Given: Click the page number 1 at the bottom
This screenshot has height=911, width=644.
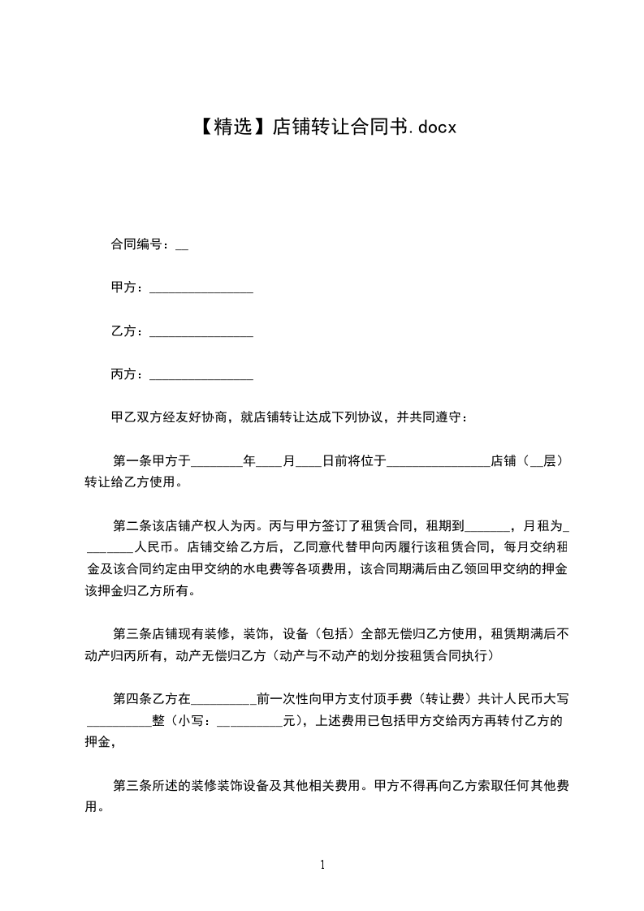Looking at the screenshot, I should tap(322, 865).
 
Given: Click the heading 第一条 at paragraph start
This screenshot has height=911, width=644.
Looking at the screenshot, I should tap(131, 461).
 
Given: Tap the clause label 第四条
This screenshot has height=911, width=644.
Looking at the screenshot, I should tap(131, 697).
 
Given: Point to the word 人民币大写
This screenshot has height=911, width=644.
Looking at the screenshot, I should tap(544, 697).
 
